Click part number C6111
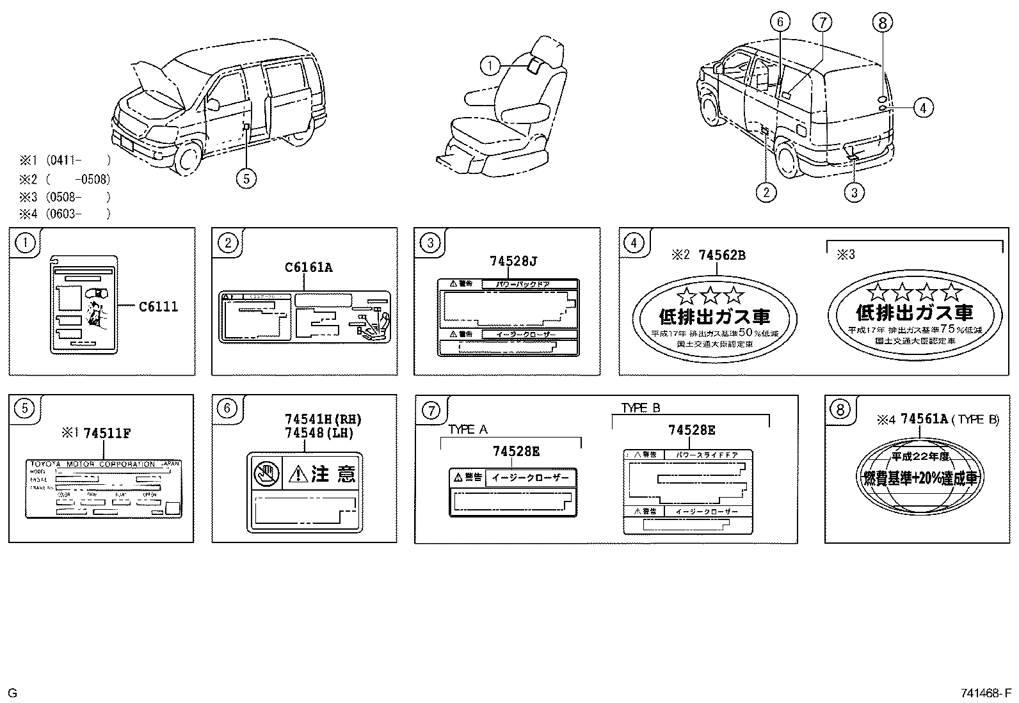point(158,306)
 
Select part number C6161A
point(309,267)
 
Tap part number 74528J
point(513,261)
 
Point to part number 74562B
point(722,255)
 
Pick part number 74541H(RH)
point(323,420)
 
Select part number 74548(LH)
point(319,432)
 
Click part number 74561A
point(923,419)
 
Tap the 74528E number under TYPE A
point(516,452)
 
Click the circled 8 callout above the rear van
point(882,23)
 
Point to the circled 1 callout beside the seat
point(490,65)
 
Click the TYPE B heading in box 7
point(641,408)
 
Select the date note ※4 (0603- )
point(64,214)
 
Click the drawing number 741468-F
point(984,693)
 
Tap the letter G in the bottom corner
point(13,693)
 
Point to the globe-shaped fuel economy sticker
point(919,477)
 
